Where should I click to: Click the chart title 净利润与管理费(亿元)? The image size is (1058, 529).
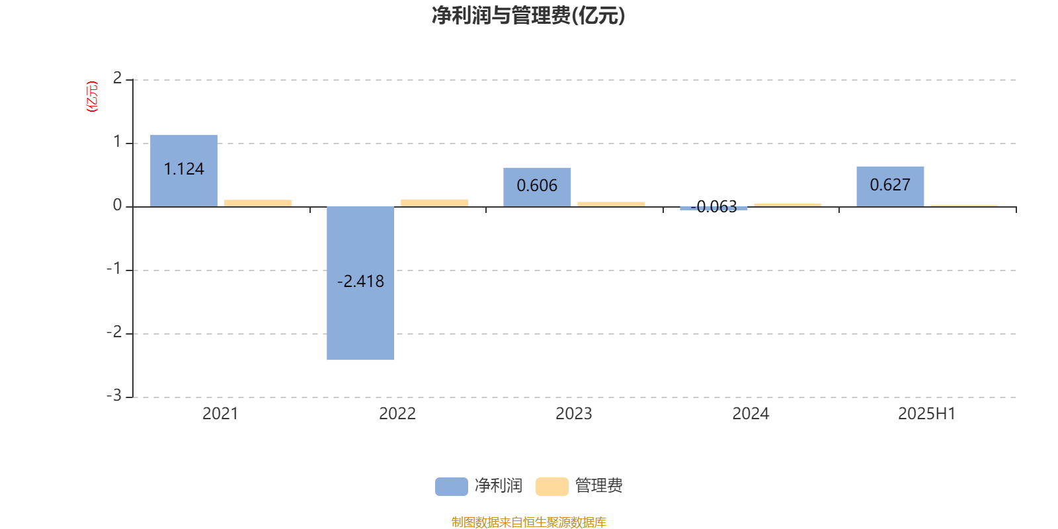[528, 15]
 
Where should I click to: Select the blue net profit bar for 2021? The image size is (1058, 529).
[184, 171]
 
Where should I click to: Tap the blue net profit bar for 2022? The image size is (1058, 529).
[360, 284]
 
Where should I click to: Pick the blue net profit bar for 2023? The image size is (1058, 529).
[537, 188]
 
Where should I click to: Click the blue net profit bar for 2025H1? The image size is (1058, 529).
[890, 186]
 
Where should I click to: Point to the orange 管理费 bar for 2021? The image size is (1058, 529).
[258, 204]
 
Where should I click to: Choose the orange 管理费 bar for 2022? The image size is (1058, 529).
[434, 203]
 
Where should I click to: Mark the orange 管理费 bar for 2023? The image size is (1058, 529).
[611, 204]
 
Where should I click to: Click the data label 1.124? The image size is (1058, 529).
[184, 169]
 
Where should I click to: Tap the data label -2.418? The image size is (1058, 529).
[360, 282]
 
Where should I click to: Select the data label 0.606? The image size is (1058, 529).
[537, 186]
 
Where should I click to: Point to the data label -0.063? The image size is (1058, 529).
[713, 207]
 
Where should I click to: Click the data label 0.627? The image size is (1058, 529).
[890, 184]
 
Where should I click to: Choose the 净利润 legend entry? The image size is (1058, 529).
[479, 486]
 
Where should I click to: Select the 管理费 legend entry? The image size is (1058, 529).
[579, 486]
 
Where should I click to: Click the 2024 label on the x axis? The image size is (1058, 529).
[751, 414]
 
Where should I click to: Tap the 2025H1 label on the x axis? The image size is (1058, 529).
[926, 414]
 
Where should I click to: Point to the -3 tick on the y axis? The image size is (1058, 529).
[114, 395]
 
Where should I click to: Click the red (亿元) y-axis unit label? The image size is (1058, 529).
[92, 97]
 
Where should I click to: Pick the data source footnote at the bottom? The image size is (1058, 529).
[528, 522]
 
